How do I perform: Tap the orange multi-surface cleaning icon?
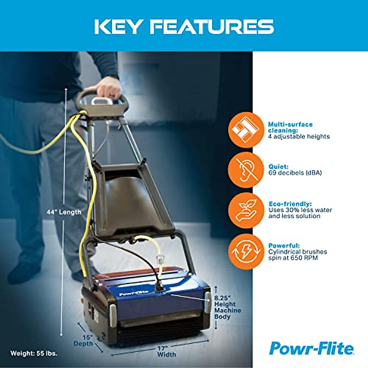[246, 130]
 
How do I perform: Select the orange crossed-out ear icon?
[246, 170]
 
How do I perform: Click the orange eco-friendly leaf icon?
[246, 210]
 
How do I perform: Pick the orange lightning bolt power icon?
[246, 251]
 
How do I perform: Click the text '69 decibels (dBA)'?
[295, 173]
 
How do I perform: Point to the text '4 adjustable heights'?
[299, 136]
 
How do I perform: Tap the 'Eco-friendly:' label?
[290, 204]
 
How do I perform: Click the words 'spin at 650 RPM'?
[293, 258]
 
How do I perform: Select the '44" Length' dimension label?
[64, 212]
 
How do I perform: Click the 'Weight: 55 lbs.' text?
[34, 353]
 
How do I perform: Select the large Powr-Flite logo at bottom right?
[311, 348]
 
